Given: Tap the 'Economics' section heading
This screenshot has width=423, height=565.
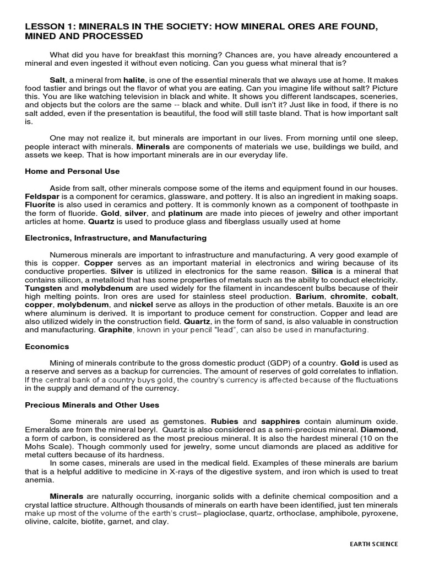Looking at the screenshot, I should pos(47,347).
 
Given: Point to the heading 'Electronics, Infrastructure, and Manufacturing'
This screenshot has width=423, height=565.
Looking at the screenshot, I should pos(116,238).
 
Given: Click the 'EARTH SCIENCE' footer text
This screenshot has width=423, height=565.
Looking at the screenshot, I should pos(373,543).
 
